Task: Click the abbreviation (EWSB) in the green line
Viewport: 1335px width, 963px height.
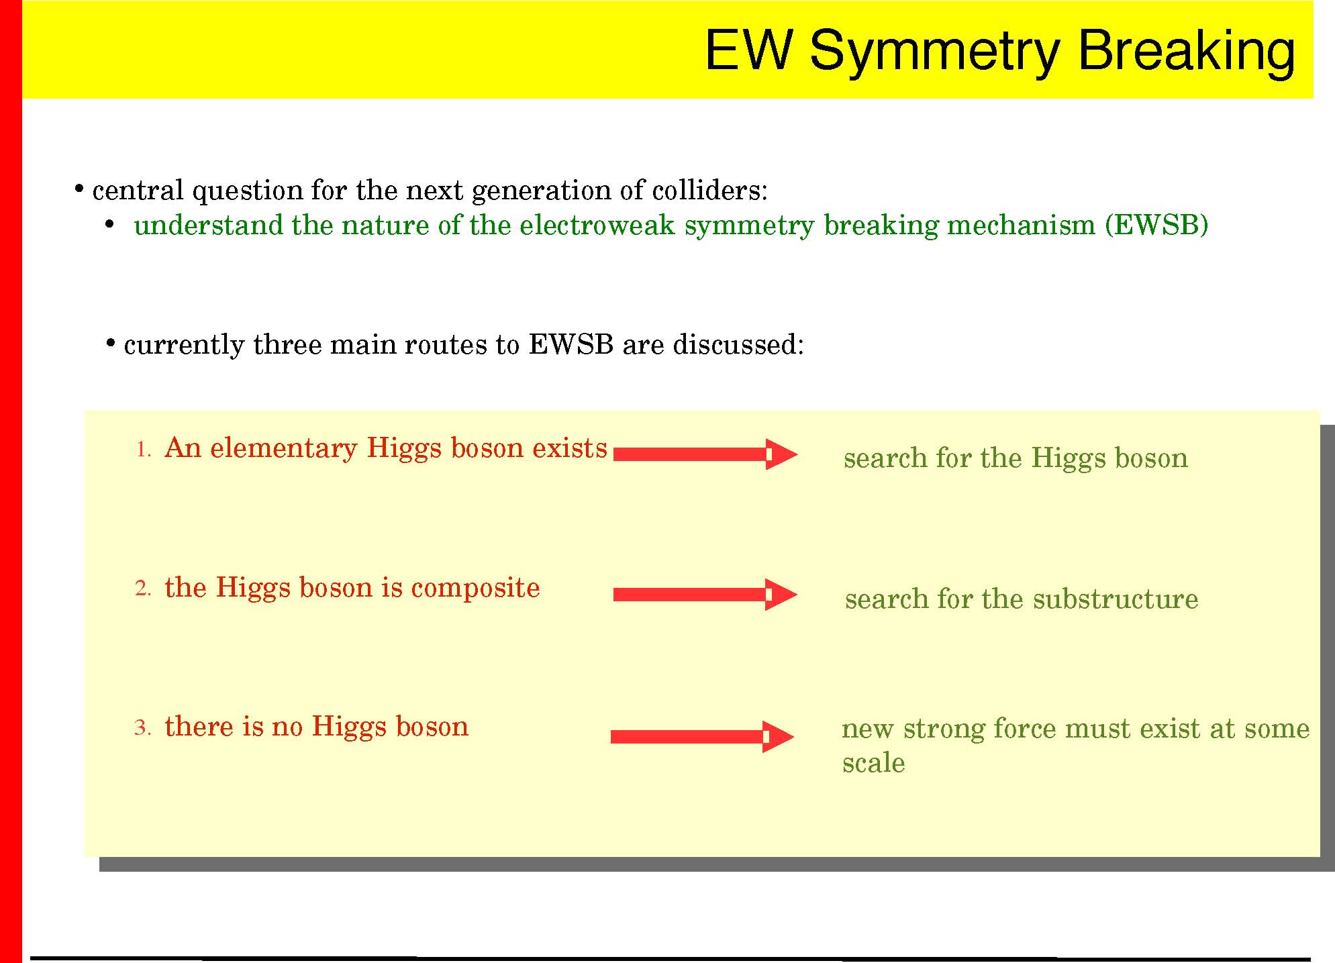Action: tap(1156, 225)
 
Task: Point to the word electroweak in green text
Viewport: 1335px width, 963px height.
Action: tap(597, 225)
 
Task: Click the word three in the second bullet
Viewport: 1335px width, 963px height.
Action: tap(287, 344)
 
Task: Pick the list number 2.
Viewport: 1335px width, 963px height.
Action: tap(144, 589)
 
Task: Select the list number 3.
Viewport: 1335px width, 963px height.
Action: tap(144, 727)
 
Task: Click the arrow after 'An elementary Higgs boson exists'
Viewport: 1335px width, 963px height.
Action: tap(705, 454)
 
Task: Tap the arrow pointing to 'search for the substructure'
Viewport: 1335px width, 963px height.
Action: tap(705, 595)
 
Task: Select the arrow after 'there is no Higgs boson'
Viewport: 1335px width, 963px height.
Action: tap(703, 737)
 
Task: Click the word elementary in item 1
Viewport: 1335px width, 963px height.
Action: tap(284, 449)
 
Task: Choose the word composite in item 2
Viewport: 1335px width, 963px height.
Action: tap(475, 589)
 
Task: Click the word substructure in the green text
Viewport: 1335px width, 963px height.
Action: tap(1116, 599)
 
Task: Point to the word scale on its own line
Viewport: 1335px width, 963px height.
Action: tap(874, 764)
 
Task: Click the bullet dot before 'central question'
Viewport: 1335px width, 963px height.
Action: tap(79, 189)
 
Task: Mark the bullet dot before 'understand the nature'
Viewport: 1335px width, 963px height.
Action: tap(109, 225)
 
